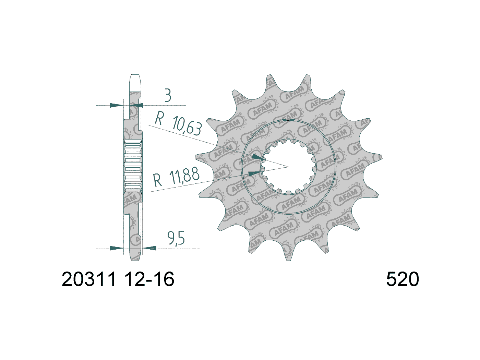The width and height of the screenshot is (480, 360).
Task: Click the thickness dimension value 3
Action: coord(168,96)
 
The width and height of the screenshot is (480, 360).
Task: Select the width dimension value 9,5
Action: coord(176,238)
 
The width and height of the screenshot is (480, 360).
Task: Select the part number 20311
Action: coord(89,279)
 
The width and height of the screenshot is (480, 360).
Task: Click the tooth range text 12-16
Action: coord(149,279)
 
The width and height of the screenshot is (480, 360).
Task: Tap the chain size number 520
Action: coord(402,279)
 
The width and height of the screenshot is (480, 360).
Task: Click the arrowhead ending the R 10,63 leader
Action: coord(258,157)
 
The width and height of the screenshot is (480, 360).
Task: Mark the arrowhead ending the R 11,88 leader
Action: coord(254,173)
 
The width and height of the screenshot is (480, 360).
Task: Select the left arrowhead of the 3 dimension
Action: coord(116,105)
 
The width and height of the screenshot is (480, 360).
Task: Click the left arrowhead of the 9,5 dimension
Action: coord(116,248)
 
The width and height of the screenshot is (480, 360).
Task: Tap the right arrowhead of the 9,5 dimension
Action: coord(150,248)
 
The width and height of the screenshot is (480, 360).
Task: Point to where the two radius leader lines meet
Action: coord(288,167)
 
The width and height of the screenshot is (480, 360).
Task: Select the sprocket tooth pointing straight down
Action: coord(288,255)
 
